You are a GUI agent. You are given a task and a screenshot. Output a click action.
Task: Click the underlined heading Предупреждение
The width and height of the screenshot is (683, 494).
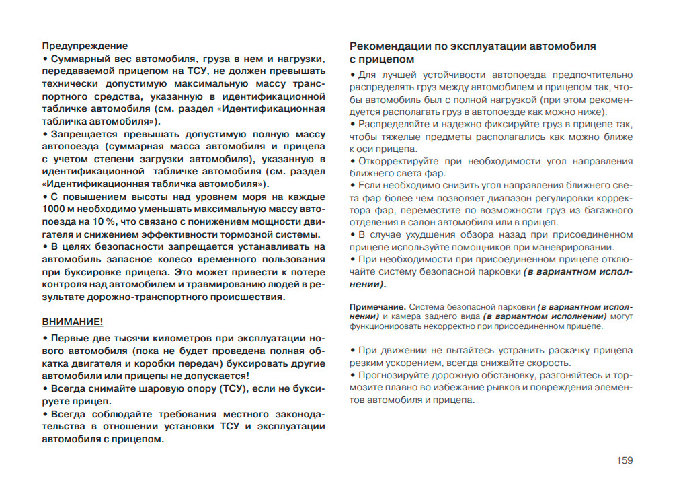[x=85, y=46]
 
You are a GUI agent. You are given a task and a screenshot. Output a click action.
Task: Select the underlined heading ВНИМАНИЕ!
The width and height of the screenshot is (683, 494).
[x=73, y=321]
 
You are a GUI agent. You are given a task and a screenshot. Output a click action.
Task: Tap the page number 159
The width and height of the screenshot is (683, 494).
[x=624, y=460]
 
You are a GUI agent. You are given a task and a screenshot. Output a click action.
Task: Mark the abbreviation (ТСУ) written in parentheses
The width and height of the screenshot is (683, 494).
[x=235, y=388]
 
